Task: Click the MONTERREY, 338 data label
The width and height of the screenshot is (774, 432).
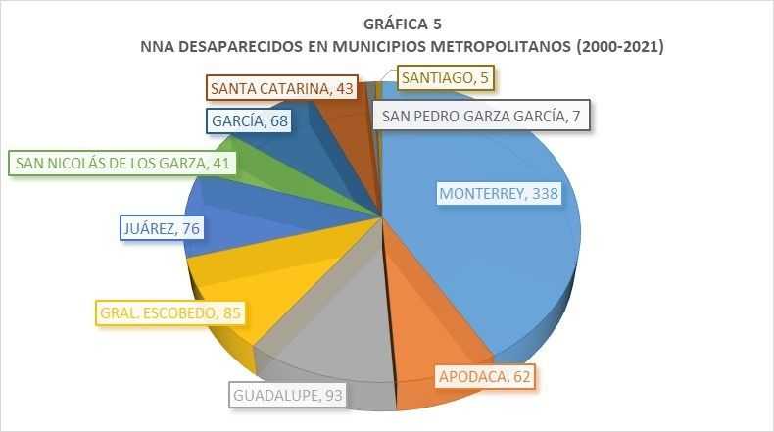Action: [499, 194]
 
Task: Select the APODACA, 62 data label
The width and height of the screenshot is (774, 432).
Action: [487, 375]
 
